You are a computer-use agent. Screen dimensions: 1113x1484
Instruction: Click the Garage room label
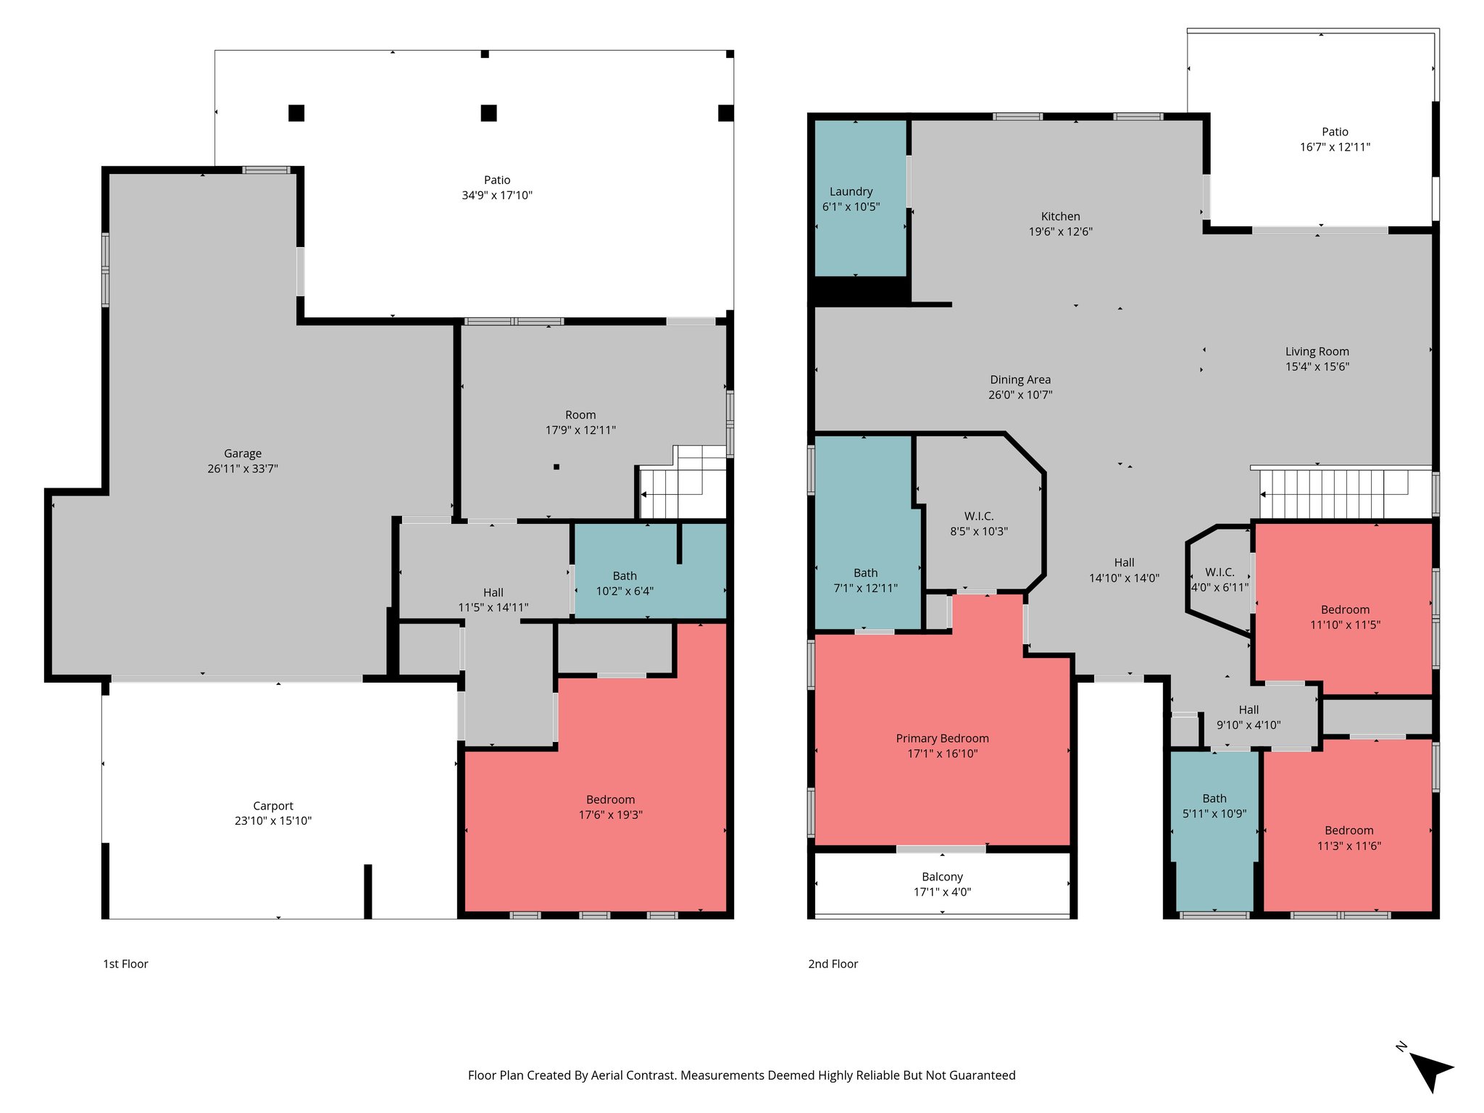[x=242, y=454]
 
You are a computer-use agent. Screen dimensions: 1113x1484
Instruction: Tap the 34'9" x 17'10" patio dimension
[x=496, y=195]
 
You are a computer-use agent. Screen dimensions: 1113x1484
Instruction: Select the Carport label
[x=272, y=806]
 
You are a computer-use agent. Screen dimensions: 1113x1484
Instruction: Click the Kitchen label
[x=1060, y=217]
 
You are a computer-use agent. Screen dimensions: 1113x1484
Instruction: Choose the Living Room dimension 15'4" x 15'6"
[x=1317, y=367]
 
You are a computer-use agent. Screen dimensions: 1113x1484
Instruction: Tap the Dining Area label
[x=1020, y=380]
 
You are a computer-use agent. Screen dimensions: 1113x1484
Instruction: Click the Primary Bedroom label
[x=942, y=738]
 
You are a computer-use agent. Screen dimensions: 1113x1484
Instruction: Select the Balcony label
[x=942, y=877]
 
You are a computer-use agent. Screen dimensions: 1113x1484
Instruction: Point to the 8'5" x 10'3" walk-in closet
[x=978, y=524]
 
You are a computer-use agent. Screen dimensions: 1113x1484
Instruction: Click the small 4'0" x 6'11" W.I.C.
[x=1220, y=580]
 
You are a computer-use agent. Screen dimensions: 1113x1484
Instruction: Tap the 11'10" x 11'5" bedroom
[x=1345, y=617]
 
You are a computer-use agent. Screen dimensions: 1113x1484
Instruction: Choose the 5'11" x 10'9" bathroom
[x=1214, y=806]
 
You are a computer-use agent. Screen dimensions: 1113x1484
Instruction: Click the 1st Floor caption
[x=125, y=964]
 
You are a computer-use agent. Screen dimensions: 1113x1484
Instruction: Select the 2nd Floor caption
[x=833, y=964]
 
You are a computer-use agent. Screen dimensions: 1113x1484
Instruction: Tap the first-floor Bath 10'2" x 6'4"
[x=624, y=583]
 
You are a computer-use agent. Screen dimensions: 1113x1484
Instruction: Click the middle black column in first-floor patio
[x=488, y=113]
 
